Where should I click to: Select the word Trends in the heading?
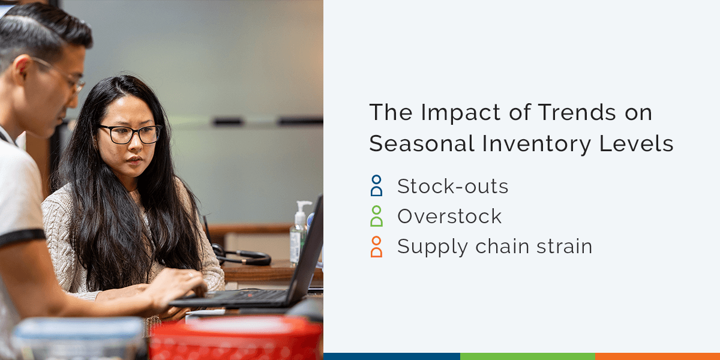click(543, 113)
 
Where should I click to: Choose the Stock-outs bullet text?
click(452, 187)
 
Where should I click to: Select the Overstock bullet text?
click(449, 217)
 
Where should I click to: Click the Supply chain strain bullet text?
click(494, 247)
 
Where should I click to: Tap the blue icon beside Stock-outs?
click(376, 187)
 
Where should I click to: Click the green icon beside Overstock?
click(376, 217)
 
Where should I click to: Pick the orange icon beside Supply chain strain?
click(376, 247)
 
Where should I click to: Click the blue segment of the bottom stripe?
click(391, 356)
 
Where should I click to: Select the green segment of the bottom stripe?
click(527, 356)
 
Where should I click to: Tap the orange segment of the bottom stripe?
click(657, 356)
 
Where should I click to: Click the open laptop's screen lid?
click(309, 252)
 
